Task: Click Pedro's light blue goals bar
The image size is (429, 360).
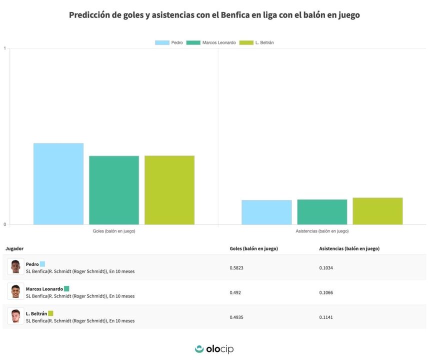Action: tap(58, 183)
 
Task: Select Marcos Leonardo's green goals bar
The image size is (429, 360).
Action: tap(114, 190)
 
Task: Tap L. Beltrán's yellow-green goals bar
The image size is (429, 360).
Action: tap(169, 190)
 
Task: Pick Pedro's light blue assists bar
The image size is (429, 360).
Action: tap(266, 212)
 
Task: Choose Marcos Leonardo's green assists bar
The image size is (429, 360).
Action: tap(322, 211)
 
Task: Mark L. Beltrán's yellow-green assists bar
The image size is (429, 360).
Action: tap(377, 210)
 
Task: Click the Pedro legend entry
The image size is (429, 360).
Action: tap(169, 43)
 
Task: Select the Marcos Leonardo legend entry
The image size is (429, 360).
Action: tap(211, 43)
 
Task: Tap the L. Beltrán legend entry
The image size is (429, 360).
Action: tap(256, 43)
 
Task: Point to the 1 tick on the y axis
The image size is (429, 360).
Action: tap(4, 48)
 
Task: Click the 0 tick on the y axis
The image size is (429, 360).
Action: tap(4, 224)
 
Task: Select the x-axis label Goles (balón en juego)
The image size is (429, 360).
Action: tap(114, 231)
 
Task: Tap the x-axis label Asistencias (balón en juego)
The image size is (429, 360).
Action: tap(322, 231)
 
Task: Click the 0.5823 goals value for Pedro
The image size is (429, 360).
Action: tap(236, 267)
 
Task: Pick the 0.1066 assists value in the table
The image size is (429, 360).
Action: tap(326, 292)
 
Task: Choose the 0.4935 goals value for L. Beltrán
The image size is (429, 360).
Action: tap(236, 317)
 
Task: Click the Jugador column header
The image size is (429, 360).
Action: tap(14, 248)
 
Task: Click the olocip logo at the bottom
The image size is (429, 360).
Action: tap(214, 349)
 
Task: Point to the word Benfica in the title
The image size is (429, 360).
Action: tap(234, 15)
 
